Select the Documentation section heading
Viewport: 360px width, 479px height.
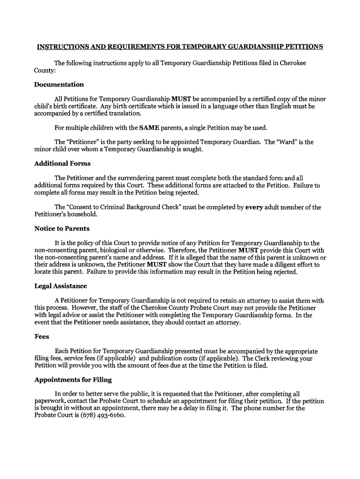click(x=59, y=85)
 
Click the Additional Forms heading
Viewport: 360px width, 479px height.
click(x=62, y=163)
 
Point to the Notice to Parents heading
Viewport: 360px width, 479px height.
click(x=62, y=229)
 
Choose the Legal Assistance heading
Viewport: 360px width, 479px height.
click(x=60, y=286)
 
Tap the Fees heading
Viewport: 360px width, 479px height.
click(x=42, y=336)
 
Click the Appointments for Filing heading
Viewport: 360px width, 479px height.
click(x=73, y=379)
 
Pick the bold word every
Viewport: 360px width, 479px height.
click(x=254, y=207)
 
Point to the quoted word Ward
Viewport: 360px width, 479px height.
click(x=290, y=142)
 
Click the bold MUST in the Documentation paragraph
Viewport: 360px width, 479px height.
click(x=180, y=99)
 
